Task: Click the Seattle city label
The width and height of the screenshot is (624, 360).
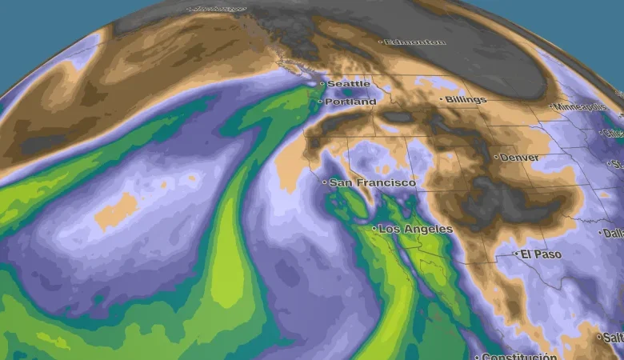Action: (349, 84)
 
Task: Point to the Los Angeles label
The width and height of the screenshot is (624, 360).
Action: (415, 230)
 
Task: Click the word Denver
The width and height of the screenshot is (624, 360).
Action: (519, 158)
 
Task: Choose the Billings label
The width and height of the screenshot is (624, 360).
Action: (466, 100)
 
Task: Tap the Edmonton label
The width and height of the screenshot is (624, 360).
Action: (414, 42)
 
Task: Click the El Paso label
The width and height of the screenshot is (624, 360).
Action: (541, 254)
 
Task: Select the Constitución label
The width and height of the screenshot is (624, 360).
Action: (520, 356)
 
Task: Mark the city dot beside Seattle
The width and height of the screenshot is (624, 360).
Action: (322, 83)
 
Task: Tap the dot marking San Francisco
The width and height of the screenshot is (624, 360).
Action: (325, 183)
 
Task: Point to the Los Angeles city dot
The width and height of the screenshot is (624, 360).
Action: (374, 229)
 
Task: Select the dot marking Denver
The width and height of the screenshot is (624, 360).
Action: (496, 158)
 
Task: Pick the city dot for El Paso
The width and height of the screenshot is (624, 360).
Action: (516, 254)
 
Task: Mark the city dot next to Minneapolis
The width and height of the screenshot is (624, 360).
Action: (552, 106)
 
